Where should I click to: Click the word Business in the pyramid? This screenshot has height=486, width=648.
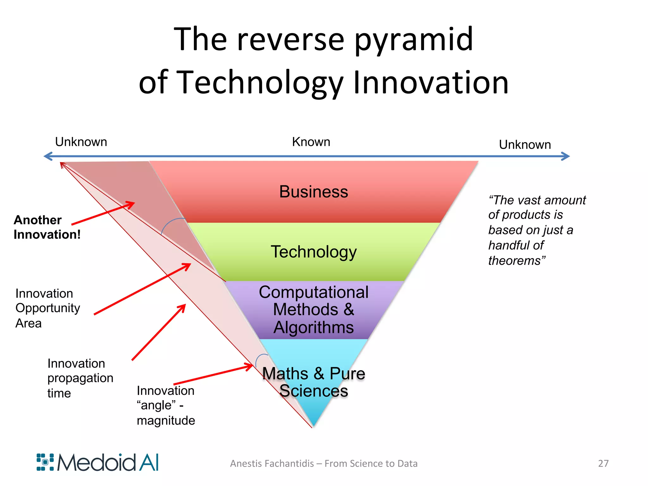click(314, 192)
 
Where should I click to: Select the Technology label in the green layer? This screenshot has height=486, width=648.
click(314, 252)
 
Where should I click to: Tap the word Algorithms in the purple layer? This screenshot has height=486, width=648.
click(314, 327)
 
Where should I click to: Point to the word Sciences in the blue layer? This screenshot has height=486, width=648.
click(314, 391)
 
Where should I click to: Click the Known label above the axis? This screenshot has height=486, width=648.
click(311, 142)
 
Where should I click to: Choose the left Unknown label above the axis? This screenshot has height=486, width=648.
click(81, 142)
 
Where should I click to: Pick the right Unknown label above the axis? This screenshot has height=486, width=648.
click(525, 145)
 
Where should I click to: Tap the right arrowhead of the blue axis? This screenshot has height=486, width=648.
click(566, 156)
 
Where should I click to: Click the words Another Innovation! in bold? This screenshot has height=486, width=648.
click(47, 227)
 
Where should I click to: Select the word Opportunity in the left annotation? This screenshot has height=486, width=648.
click(48, 308)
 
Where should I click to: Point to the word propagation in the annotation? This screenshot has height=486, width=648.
click(80, 378)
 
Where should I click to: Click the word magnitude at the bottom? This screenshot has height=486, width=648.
click(166, 421)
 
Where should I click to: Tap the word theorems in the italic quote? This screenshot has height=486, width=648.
click(514, 261)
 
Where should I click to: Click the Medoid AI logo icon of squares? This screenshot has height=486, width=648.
click(45, 462)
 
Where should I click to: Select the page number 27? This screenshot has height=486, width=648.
click(603, 464)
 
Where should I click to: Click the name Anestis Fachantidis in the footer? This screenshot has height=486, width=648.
click(272, 464)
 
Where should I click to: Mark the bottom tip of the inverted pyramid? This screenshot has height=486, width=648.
click(313, 426)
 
